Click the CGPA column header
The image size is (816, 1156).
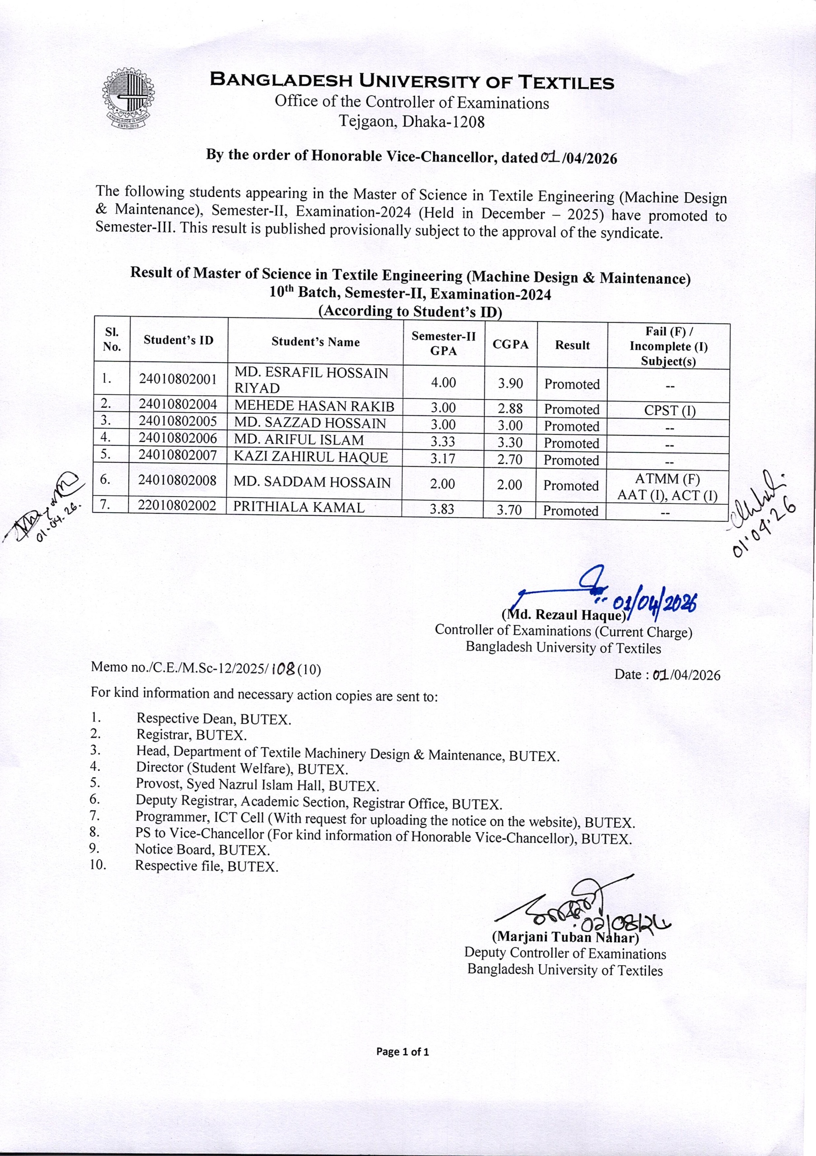510,345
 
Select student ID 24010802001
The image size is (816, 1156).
178,378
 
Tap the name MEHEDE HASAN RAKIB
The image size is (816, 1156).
314,406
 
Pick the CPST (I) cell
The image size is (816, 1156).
670,410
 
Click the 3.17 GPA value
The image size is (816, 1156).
443,459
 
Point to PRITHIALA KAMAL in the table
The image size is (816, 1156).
299,507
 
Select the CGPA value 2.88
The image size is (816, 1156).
510,408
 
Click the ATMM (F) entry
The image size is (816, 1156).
667,479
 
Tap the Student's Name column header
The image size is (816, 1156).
316,342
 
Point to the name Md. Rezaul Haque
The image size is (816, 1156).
563,615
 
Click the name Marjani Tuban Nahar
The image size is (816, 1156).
565,937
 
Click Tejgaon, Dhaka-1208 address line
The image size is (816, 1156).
411,121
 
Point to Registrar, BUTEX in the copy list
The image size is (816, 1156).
191,735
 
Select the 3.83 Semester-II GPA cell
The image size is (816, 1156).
443,509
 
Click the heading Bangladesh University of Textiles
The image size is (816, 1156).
412,82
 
